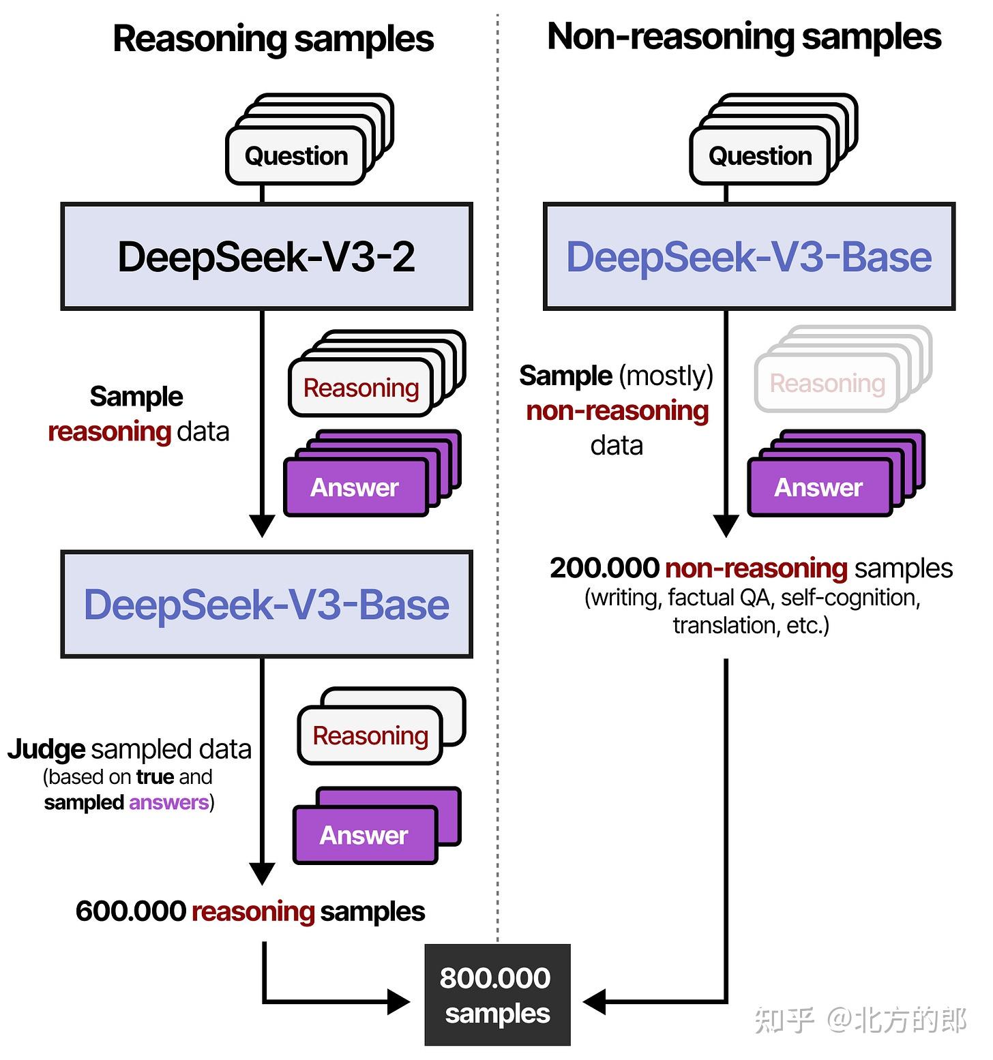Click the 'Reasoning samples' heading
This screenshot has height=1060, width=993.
click(x=273, y=38)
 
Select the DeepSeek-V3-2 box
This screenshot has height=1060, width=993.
click(x=267, y=256)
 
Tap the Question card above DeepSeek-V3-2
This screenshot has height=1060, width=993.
click(x=296, y=156)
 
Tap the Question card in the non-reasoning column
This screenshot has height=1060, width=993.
click(x=760, y=156)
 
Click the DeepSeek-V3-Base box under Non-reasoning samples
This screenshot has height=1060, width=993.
click(x=749, y=256)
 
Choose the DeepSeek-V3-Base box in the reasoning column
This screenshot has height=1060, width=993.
click(x=267, y=605)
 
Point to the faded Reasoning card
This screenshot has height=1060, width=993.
click(x=827, y=384)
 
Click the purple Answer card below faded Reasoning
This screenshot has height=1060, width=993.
click(x=818, y=487)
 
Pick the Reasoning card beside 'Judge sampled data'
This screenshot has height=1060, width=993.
click(x=370, y=736)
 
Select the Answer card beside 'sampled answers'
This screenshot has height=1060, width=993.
click(x=364, y=835)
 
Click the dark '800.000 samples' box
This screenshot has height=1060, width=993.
click(x=497, y=995)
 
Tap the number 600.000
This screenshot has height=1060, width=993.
click(x=130, y=911)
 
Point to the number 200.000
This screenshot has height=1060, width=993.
click(x=604, y=568)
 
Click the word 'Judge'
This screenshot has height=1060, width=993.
click(x=46, y=749)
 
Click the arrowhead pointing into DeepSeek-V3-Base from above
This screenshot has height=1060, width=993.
click(x=262, y=526)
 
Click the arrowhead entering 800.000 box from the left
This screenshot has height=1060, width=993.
click(x=399, y=1001)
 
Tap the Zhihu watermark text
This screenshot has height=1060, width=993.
click(x=861, y=1020)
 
